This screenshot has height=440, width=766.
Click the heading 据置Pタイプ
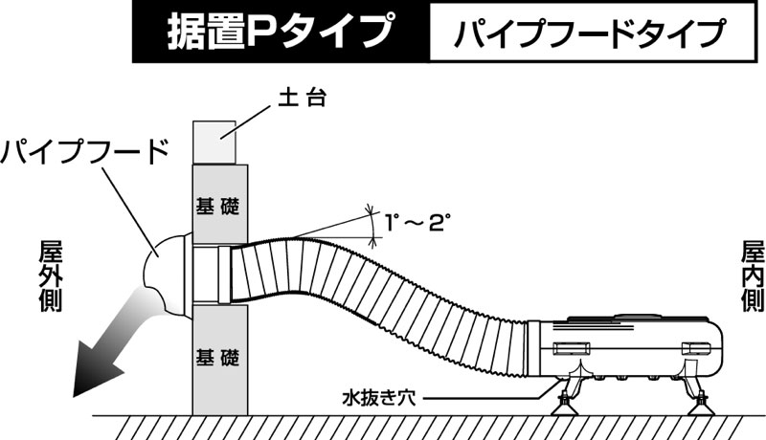point(280,32)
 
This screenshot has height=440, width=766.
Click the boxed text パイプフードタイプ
point(590,33)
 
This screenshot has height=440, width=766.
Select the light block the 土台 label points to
point(214,142)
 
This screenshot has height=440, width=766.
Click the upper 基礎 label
point(218,206)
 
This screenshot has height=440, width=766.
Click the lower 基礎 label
point(218,358)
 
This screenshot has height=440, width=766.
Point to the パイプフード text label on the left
point(84,151)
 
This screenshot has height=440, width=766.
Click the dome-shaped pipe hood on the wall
point(166,275)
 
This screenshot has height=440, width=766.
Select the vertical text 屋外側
point(51,275)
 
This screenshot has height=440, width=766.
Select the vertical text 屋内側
point(753,275)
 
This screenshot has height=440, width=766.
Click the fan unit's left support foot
point(567,399)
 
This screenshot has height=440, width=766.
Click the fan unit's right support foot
point(700,399)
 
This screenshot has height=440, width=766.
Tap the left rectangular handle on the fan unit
point(572,349)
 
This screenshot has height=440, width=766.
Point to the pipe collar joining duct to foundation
point(224,275)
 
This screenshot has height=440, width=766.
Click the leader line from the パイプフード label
point(130,210)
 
